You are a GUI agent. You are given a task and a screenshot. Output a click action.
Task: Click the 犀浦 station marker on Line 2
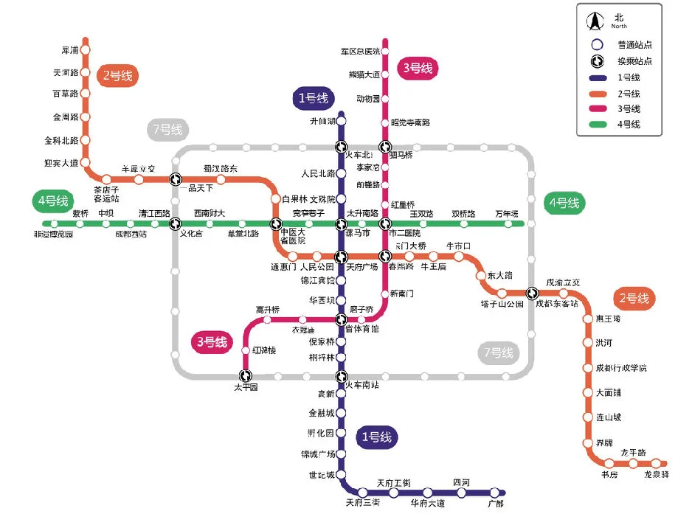[86, 50]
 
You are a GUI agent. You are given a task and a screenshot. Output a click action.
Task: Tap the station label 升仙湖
[322, 122]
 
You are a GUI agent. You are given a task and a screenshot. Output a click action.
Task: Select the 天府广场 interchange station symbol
[342, 257]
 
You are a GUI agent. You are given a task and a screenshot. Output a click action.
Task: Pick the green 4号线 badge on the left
[52, 201]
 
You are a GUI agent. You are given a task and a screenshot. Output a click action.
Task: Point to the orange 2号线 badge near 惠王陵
[634, 299]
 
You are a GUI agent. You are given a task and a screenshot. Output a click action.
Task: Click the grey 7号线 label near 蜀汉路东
[167, 131]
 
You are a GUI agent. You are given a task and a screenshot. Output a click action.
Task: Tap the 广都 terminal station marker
[494, 492]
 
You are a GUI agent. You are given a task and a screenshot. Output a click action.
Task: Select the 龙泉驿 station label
[656, 475]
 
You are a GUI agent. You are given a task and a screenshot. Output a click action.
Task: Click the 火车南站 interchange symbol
[342, 375]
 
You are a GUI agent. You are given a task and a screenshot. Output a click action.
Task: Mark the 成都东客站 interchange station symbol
[532, 293]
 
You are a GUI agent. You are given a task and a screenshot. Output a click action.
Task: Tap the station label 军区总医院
[360, 52]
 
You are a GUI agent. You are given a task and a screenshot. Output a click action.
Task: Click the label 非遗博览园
[53, 235]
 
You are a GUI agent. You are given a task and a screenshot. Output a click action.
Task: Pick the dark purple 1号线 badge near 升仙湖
[314, 98]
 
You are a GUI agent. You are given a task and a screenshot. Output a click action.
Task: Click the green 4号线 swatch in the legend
[598, 125]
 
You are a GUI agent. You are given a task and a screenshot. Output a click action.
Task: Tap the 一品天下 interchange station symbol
[176, 178]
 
